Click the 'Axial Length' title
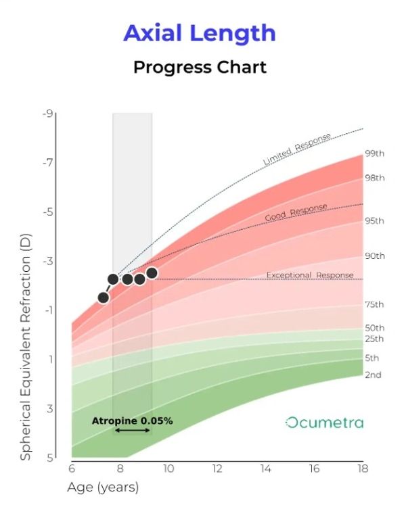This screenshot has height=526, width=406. coord(200,33)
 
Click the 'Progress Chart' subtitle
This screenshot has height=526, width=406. coord(200,68)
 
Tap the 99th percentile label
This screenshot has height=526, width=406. coord(374,153)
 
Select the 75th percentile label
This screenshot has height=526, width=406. coord(374,304)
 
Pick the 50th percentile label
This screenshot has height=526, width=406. coord(374,328)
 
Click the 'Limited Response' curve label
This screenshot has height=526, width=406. coord(297,149)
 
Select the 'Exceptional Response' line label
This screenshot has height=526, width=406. coord(309,275)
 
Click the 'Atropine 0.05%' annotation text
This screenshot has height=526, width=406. coord(132,421)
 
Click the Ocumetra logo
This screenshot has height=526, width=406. coord(324,423)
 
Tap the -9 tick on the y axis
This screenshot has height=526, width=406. coord(47,114)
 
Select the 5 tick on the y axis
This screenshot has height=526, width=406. coord(49,458)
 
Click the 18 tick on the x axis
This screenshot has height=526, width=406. coord(363,469)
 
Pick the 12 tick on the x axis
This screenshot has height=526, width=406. coord(217,469)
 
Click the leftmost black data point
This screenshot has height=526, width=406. coord(104,297)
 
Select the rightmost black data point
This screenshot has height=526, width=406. coord(152,273)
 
